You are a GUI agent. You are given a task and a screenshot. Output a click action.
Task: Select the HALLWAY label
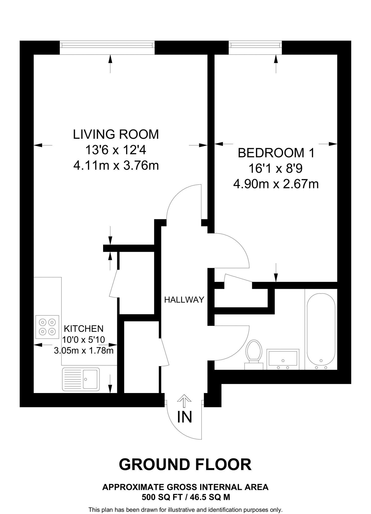(184, 299)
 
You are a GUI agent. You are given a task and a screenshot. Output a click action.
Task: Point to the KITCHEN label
(84, 329)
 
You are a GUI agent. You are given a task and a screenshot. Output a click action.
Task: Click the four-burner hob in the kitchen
(47, 327)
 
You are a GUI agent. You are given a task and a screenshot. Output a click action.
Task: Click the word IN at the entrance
(185, 417)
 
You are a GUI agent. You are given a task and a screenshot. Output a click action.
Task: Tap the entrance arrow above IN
(184, 401)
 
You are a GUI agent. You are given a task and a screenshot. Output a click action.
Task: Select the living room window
(107, 45)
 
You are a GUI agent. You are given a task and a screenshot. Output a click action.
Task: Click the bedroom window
(255, 45)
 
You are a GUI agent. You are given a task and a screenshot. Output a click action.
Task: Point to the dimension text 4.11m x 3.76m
(116, 166)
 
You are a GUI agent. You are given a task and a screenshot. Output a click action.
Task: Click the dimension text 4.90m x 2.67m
(276, 184)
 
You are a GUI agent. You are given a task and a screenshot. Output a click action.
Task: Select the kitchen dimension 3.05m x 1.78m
(84, 350)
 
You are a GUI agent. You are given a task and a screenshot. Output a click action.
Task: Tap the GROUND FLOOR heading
(185, 465)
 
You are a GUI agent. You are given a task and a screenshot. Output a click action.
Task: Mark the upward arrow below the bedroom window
(276, 64)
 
